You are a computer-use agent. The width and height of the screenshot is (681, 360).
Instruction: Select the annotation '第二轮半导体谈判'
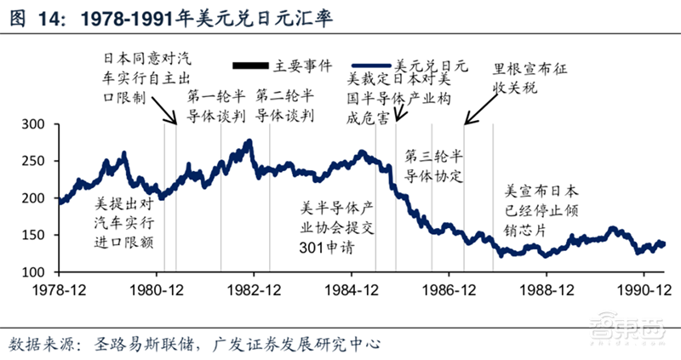click(x=286, y=106)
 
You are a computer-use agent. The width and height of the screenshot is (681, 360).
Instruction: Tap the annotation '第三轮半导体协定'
click(x=434, y=166)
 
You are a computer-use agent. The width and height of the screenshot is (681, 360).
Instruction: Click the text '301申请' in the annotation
click(x=325, y=249)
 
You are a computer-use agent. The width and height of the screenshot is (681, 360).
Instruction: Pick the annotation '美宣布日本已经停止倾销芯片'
click(x=542, y=212)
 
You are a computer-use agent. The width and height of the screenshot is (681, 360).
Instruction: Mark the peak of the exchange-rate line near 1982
click(x=249, y=141)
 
